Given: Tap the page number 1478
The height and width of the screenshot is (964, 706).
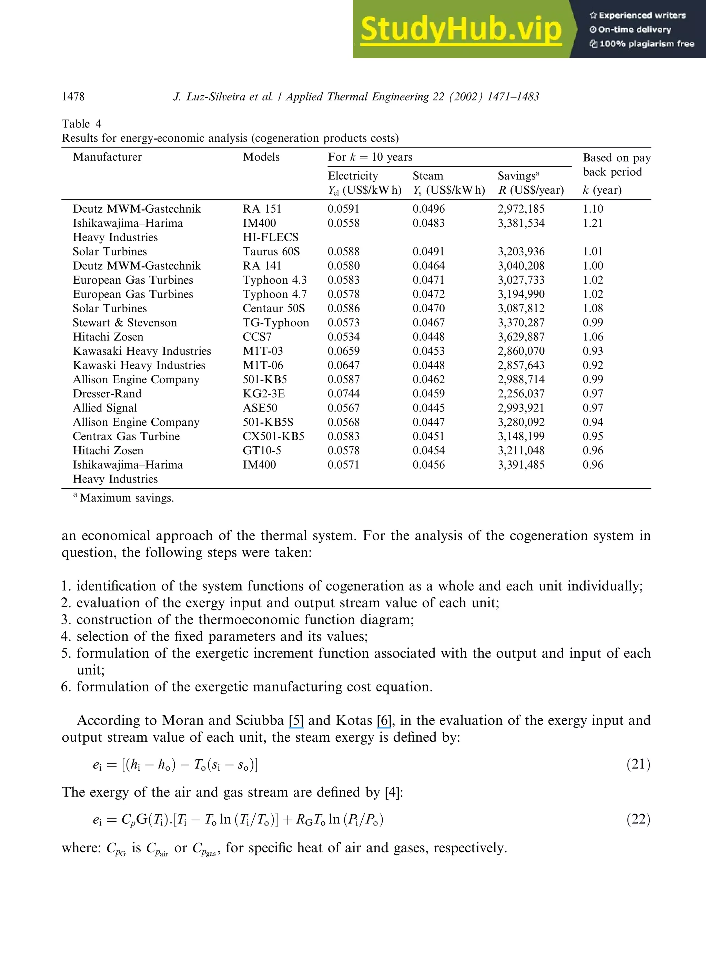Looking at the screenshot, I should click(x=73, y=97).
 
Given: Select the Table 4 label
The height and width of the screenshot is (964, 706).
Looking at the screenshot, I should click(x=82, y=124).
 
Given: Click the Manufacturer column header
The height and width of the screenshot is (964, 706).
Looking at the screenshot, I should click(x=107, y=157).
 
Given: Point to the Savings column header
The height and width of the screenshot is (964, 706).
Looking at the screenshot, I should click(x=518, y=176).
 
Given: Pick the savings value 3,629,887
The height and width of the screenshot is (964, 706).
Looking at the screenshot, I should click(x=521, y=337).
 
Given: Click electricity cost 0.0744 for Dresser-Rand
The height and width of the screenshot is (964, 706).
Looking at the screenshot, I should click(x=344, y=394).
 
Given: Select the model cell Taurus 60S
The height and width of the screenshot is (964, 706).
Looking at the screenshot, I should click(x=271, y=251).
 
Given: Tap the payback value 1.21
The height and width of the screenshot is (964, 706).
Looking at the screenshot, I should click(x=593, y=223).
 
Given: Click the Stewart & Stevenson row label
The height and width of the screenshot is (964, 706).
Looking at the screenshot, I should click(x=125, y=323).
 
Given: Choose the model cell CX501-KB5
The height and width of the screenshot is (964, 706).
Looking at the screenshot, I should click(x=273, y=436).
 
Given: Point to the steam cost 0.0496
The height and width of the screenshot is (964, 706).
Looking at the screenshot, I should click(x=428, y=209).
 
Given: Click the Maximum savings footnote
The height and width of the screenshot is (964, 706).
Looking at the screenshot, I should click(x=127, y=498).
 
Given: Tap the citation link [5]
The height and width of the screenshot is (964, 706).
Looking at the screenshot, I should click(x=296, y=720).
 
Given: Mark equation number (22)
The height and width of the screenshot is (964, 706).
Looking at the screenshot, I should click(x=638, y=819).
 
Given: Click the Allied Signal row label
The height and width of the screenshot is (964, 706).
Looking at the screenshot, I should click(x=105, y=408).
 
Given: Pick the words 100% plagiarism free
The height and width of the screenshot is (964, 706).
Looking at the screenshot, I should click(x=647, y=43).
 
